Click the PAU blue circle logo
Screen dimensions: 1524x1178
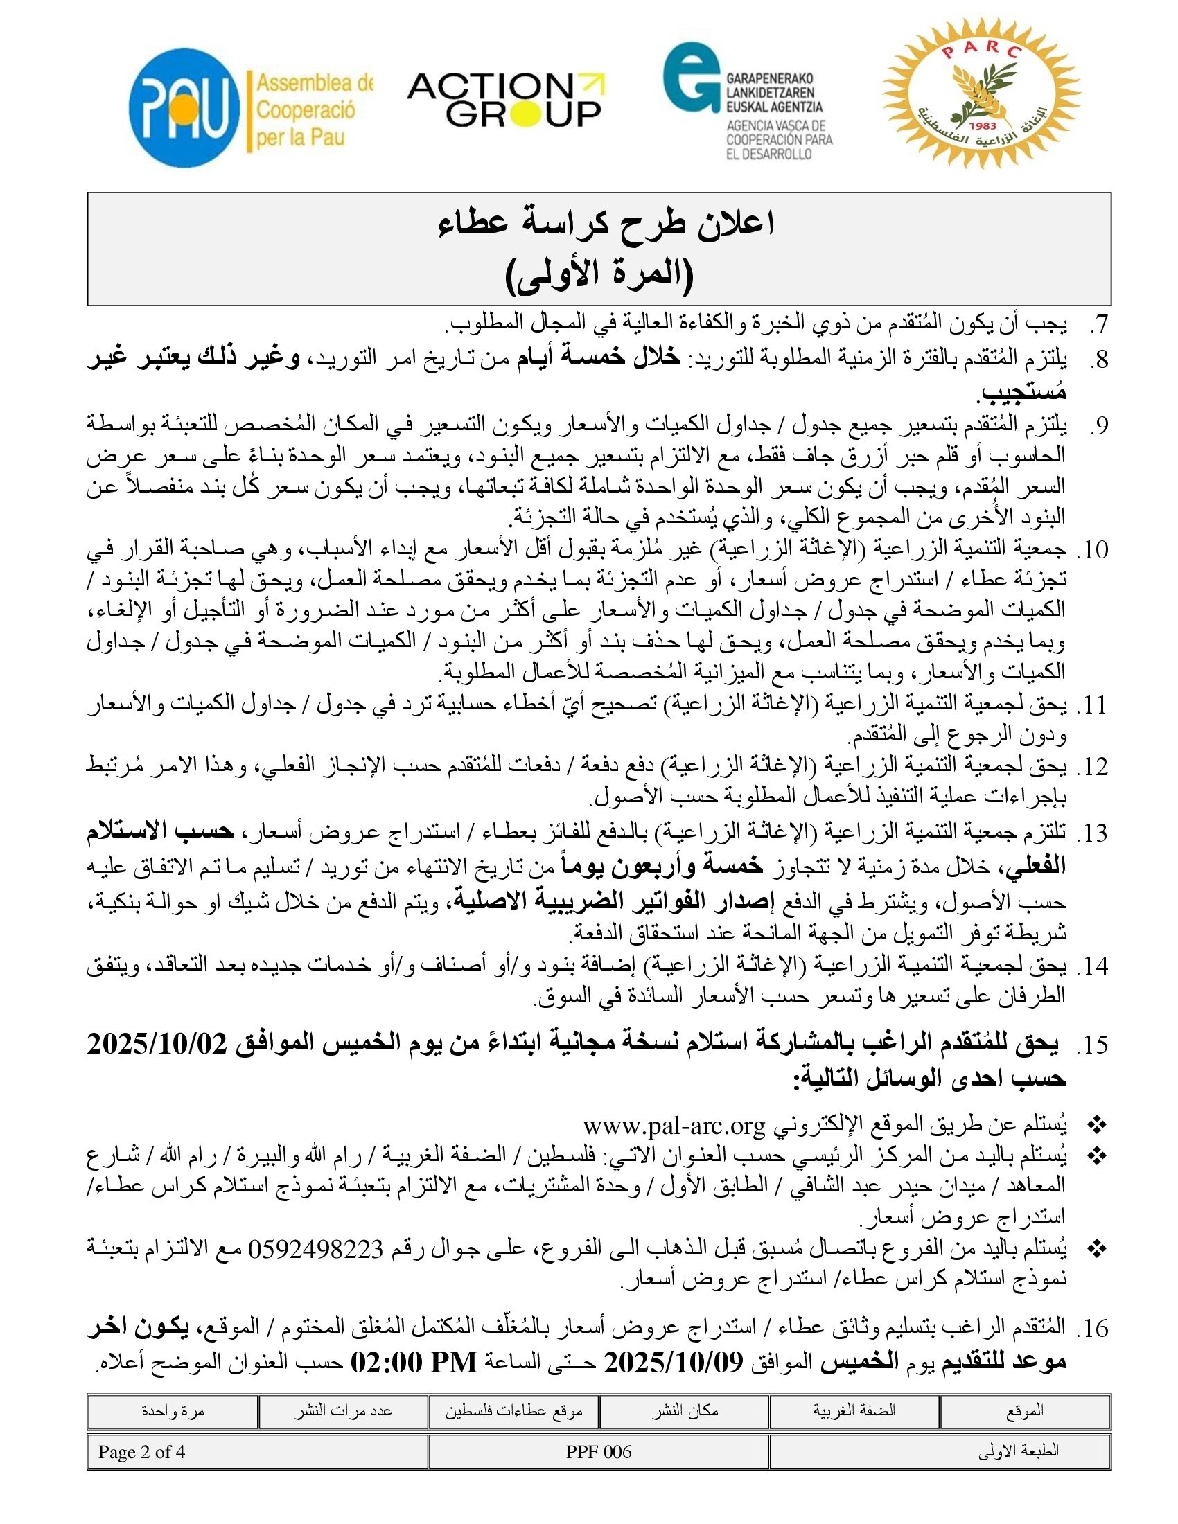point(184,107)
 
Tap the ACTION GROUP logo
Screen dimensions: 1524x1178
point(505,100)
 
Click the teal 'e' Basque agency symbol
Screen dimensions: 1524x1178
point(691,77)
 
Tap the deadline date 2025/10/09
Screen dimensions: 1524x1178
point(674,1361)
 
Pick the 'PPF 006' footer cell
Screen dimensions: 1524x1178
point(598,1451)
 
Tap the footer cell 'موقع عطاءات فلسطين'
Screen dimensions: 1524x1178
point(514,1411)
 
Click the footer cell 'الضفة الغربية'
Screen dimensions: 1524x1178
point(854,1411)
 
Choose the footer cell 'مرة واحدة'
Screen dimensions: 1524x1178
point(173,1411)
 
